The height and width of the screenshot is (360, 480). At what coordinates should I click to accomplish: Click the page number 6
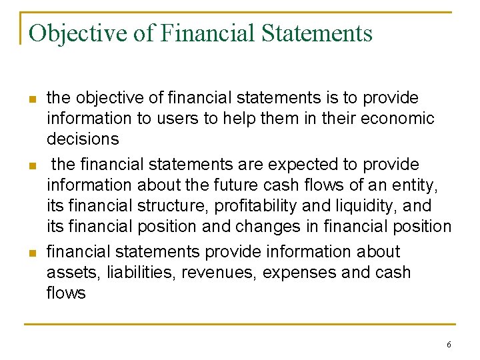click(x=449, y=345)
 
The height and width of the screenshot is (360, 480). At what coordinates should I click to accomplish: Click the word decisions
click(x=83, y=139)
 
